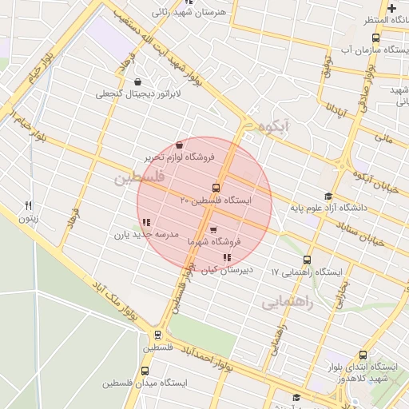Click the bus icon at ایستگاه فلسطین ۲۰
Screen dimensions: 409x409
tap(204, 188)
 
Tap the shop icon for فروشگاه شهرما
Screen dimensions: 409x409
tap(212, 229)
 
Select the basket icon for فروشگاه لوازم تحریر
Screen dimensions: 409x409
tap(177, 145)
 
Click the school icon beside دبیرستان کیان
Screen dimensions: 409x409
tap(228, 257)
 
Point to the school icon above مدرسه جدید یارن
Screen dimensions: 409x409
tap(145, 222)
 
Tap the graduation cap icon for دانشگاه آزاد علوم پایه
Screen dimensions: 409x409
tap(327, 197)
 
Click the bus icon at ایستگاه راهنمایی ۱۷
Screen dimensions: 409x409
tap(308, 260)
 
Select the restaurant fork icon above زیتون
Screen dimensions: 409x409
tap(29, 205)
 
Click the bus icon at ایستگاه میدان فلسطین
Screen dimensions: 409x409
tap(145, 371)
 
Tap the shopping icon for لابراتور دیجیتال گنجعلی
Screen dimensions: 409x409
tap(138, 81)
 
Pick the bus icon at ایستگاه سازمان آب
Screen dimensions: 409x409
tap(375, 37)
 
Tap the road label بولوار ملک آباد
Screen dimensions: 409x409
tap(112, 300)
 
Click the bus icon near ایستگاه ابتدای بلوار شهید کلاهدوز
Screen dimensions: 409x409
tap(363, 355)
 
